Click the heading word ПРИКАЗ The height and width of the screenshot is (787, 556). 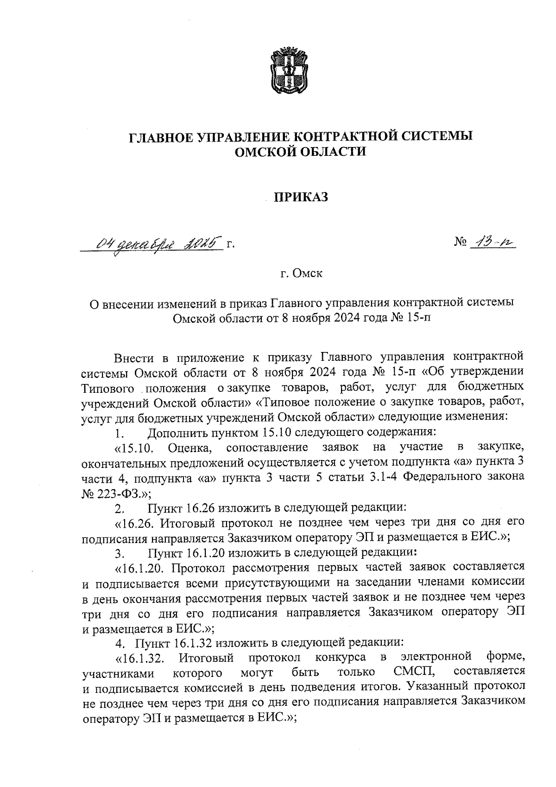(301, 198)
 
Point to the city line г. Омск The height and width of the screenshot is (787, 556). (301, 273)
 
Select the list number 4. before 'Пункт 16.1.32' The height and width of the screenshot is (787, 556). (120, 643)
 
